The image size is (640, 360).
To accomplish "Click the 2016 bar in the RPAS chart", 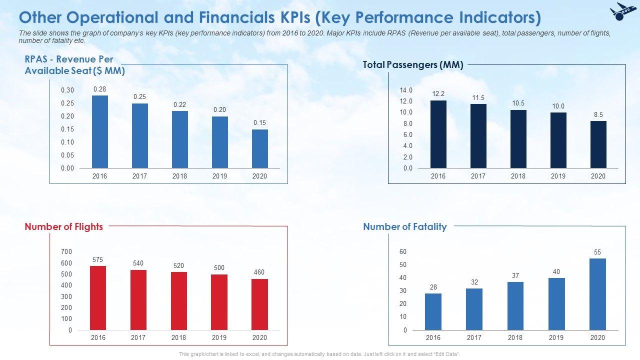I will click(x=100, y=131).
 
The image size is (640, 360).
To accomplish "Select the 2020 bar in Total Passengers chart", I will click(x=598, y=144).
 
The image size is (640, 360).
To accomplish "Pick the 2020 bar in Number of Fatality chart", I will click(x=597, y=294).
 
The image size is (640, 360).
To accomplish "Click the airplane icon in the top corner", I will click(x=620, y=11).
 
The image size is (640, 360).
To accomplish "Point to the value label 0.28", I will click(x=100, y=89).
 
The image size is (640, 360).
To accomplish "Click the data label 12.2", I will click(x=438, y=94).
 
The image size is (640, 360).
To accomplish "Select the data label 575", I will click(x=98, y=260).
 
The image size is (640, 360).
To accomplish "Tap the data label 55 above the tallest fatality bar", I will click(x=597, y=252).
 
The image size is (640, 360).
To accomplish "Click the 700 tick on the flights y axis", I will click(x=67, y=251).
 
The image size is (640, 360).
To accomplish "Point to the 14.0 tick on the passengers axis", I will click(x=406, y=90).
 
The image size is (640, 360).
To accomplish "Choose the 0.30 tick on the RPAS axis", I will click(x=67, y=90).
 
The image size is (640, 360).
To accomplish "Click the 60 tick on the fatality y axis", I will click(x=403, y=251).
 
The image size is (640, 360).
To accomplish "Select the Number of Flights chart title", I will click(x=63, y=226).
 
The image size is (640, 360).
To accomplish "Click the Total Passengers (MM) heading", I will click(x=413, y=65).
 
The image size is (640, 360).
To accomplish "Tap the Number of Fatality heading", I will click(x=404, y=226).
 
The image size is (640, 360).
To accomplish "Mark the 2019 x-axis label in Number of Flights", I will click(x=219, y=337).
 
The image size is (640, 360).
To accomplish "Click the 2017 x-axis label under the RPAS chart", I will click(x=140, y=176).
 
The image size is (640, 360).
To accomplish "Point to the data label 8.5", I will click(x=598, y=114).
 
